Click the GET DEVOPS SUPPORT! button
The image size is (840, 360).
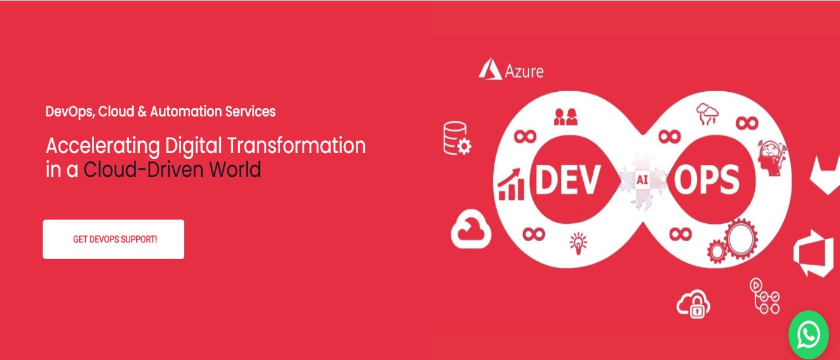(x=113, y=239)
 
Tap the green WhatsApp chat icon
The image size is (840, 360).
(x=809, y=335)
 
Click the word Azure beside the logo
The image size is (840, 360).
(x=524, y=71)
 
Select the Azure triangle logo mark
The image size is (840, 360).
(x=490, y=69)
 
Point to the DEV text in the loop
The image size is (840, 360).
(x=567, y=180)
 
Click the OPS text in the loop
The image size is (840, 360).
(x=706, y=180)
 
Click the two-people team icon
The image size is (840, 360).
(x=565, y=116)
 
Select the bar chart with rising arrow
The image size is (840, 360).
(x=511, y=185)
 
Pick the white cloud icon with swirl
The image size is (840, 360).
(x=471, y=230)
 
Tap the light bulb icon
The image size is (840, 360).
(x=578, y=243)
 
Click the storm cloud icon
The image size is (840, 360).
(x=707, y=113)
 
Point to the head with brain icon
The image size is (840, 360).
(x=772, y=157)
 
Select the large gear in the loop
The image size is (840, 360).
(x=741, y=239)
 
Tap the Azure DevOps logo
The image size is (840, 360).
(x=814, y=253)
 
